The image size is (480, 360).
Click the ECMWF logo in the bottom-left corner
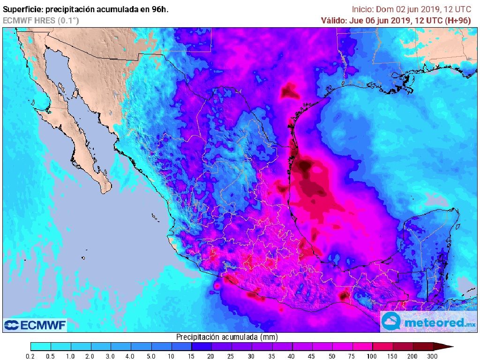[35, 325]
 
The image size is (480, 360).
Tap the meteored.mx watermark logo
[429, 322]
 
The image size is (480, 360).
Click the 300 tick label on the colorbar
[432, 356]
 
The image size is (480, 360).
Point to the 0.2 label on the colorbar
[30, 356]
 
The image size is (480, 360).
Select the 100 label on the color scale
[372, 356]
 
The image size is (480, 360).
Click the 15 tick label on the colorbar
[191, 356]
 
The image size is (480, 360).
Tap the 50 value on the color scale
[332, 356]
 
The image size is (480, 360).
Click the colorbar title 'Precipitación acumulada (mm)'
[227, 337]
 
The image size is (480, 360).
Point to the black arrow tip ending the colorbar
[450, 347]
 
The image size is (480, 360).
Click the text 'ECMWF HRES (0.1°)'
[41, 20]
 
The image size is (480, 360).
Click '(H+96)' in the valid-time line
[462, 20]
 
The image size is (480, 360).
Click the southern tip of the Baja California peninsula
[106, 191]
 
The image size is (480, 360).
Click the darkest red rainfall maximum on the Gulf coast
[306, 165]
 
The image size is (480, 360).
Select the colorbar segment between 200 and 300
[422, 347]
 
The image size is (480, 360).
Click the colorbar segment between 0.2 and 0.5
[40, 347]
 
